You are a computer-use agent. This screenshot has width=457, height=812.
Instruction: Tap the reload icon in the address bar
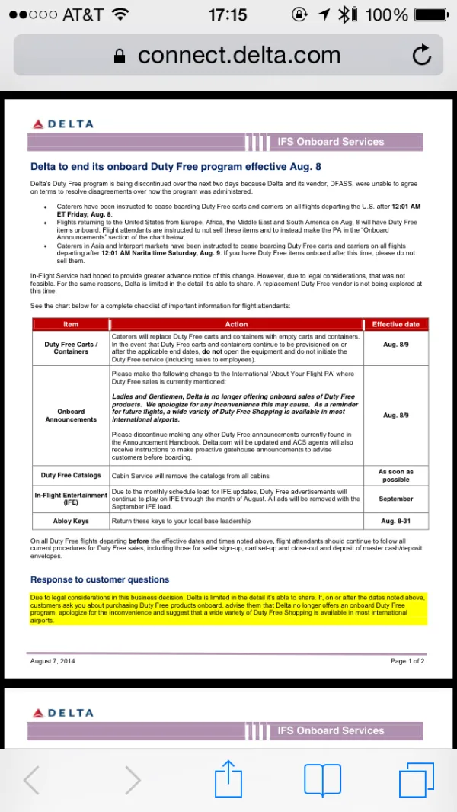pyautogui.click(x=421, y=55)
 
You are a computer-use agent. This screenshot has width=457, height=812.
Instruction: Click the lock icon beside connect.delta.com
pyautogui.click(x=119, y=56)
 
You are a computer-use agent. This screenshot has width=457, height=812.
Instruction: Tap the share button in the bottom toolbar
pyautogui.click(x=228, y=779)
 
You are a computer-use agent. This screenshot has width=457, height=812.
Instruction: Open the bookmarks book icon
pyautogui.click(x=322, y=779)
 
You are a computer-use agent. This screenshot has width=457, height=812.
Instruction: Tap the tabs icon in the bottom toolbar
pyautogui.click(x=416, y=779)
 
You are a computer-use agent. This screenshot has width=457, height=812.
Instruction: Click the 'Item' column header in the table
pyautogui.click(x=71, y=325)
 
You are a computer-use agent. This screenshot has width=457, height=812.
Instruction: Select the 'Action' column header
pyautogui.click(x=237, y=325)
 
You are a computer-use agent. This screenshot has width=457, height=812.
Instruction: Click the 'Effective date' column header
pyautogui.click(x=396, y=325)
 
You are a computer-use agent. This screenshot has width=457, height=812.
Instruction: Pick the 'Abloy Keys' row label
pyautogui.click(x=71, y=522)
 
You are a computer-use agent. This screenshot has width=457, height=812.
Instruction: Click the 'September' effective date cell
pyautogui.click(x=396, y=499)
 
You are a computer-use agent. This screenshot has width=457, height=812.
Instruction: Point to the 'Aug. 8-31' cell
pyautogui.click(x=396, y=522)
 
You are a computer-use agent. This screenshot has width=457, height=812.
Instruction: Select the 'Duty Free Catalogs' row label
pyautogui.click(x=71, y=476)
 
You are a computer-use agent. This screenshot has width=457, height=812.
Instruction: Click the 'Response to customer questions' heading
pyautogui.click(x=100, y=579)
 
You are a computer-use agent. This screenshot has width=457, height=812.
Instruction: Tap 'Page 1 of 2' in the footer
pyautogui.click(x=407, y=661)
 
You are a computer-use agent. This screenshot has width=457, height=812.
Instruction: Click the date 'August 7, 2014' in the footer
pyautogui.click(x=53, y=661)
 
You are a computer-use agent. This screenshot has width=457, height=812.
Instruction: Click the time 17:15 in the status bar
pyautogui.click(x=228, y=14)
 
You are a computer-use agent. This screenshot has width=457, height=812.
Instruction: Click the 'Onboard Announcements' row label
pyautogui.click(x=71, y=416)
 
